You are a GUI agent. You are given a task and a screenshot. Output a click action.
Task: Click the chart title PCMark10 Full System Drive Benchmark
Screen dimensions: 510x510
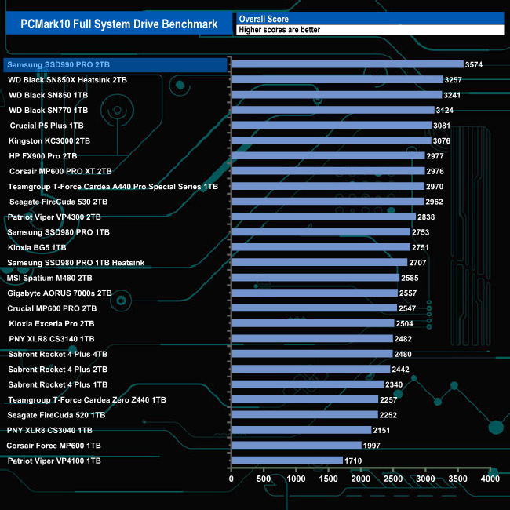point(118,24)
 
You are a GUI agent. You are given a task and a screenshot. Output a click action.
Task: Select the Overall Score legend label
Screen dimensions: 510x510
point(264,18)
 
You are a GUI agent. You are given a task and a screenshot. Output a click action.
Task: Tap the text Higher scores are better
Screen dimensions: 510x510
point(279,30)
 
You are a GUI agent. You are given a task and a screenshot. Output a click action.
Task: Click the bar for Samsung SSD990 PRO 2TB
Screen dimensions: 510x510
point(347,64)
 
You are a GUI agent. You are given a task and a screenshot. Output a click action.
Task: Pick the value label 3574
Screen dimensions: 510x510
point(474,64)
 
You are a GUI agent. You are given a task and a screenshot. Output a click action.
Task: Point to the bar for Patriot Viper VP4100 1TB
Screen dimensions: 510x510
point(287,461)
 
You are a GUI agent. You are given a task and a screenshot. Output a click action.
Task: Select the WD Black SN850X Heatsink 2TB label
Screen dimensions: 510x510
point(67,80)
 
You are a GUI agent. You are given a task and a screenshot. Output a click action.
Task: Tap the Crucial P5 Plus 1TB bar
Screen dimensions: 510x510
point(331,126)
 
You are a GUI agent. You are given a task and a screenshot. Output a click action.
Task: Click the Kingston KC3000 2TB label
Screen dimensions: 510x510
point(49,140)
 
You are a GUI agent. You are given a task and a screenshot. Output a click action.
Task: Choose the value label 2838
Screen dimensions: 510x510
point(428,217)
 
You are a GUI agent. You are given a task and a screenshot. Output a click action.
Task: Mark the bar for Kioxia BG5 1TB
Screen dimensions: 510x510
point(320,247)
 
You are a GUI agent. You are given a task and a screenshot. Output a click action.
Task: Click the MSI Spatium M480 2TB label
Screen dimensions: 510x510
point(50,278)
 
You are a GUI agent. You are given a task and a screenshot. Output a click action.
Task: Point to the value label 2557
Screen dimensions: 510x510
point(409,293)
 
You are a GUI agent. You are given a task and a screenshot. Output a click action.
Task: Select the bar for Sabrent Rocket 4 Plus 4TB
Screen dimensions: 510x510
point(311,354)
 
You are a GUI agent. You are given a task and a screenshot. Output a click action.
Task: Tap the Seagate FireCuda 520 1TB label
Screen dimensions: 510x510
point(56,415)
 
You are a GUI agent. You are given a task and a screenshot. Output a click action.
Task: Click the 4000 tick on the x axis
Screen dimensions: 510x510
point(490,479)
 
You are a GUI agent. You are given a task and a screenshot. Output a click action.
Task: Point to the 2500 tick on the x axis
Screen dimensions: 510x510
point(392,479)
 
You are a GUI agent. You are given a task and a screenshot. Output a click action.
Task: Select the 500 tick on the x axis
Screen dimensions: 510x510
point(264,479)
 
